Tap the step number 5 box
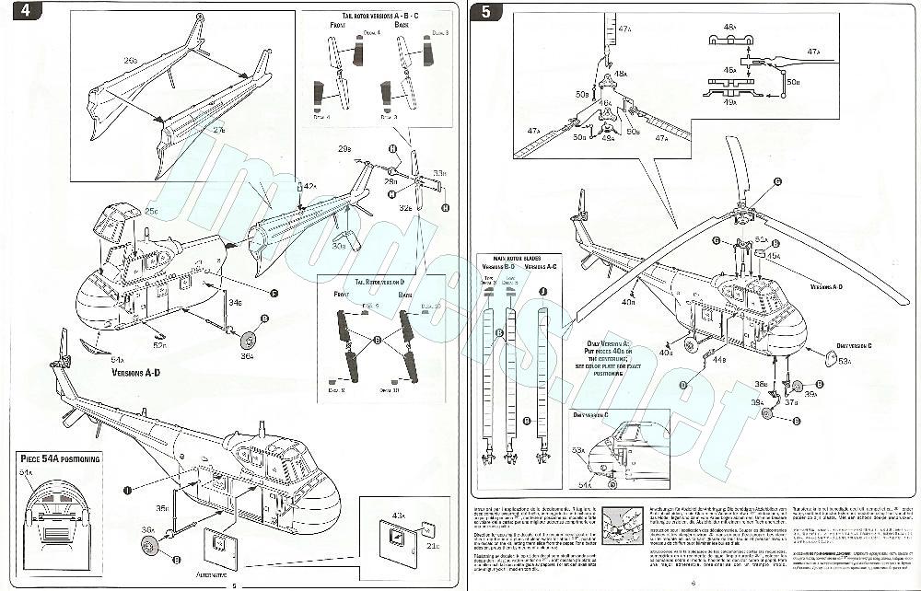pos(484,12)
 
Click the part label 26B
pos(130,61)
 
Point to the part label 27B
pos(220,132)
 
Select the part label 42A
pos(310,187)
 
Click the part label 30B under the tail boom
pos(338,246)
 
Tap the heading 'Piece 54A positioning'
pos(61,458)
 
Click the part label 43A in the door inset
pos(397,514)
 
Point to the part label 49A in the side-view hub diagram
pos(729,101)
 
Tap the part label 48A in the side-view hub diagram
pos(729,28)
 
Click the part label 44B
pos(719,360)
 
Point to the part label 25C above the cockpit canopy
pos(151,212)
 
